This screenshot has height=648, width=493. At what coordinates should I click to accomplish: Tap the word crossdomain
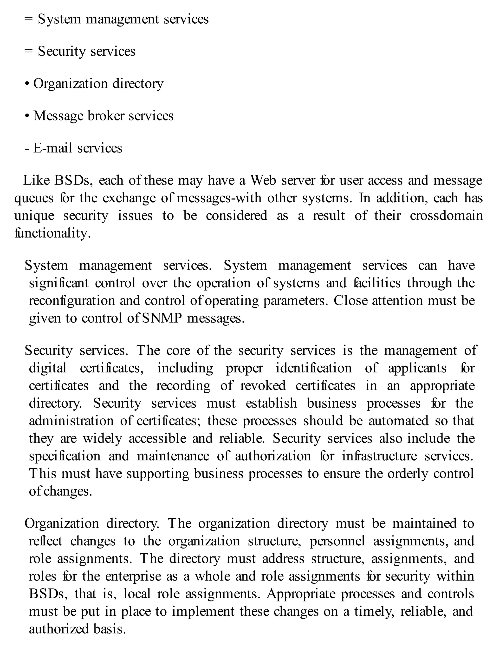click(446, 216)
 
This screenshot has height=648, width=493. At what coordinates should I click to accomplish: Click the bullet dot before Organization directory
click(27, 84)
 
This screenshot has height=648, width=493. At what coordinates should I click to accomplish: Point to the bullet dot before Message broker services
click(27, 117)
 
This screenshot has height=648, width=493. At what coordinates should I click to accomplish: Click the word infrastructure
click(379, 456)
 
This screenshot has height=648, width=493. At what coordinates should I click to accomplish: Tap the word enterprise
click(133, 576)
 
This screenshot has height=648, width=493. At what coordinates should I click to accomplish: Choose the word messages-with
click(219, 198)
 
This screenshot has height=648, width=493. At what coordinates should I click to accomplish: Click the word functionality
click(52, 233)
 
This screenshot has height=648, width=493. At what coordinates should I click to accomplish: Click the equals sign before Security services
click(28, 51)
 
